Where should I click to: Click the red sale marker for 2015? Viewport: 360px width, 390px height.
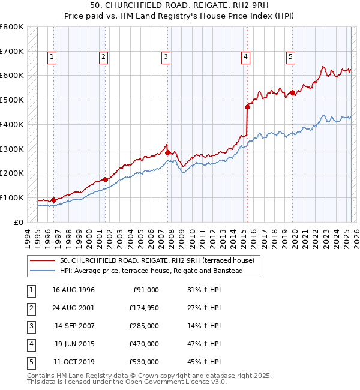coord(247,107)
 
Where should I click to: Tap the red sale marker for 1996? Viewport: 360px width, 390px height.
coord(53,200)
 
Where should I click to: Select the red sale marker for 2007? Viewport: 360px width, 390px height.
coord(167,152)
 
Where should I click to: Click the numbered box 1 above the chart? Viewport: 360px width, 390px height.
coord(52,57)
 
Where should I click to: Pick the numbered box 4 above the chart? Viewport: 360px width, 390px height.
coord(246,57)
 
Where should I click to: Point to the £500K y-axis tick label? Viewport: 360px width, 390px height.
coord(12,100)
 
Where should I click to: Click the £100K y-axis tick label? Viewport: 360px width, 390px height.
coord(12,197)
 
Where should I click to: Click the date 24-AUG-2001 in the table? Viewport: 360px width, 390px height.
coord(74,308)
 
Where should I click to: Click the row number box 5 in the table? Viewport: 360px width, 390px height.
coord(31,362)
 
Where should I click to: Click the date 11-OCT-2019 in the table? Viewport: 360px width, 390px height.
coord(74,362)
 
